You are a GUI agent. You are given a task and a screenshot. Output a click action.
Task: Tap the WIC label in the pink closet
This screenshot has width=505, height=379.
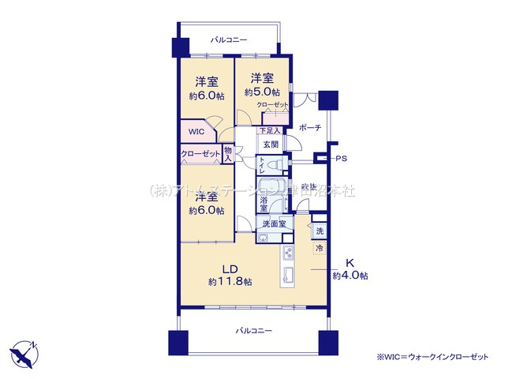[x=196, y=133]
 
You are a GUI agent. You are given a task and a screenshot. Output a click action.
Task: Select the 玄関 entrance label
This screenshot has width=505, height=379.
[x=271, y=144]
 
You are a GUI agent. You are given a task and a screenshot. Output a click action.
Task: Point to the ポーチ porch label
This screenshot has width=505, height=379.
[x=309, y=129]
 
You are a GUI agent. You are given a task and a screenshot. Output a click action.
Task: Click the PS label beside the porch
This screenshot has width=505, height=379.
[x=340, y=159]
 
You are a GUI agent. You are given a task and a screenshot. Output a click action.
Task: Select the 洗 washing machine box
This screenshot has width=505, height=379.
[x=320, y=231]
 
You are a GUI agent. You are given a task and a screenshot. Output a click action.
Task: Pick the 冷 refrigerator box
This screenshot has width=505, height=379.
[x=320, y=249]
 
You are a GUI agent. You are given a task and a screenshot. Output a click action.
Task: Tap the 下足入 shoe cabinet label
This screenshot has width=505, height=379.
[x=270, y=131]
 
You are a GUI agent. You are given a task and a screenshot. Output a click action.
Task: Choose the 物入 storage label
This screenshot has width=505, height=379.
[x=227, y=153]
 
